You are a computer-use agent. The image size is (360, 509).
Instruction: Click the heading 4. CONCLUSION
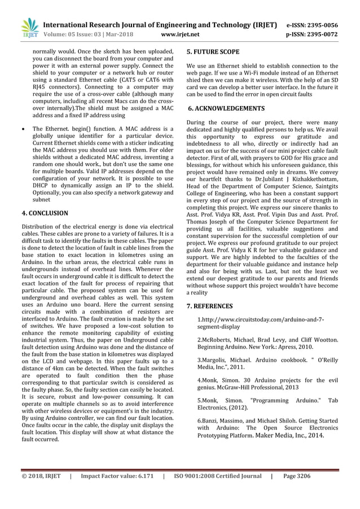[45, 213]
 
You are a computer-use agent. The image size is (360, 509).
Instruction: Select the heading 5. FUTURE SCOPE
[213, 52]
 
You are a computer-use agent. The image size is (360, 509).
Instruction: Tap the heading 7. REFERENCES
[209, 305]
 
